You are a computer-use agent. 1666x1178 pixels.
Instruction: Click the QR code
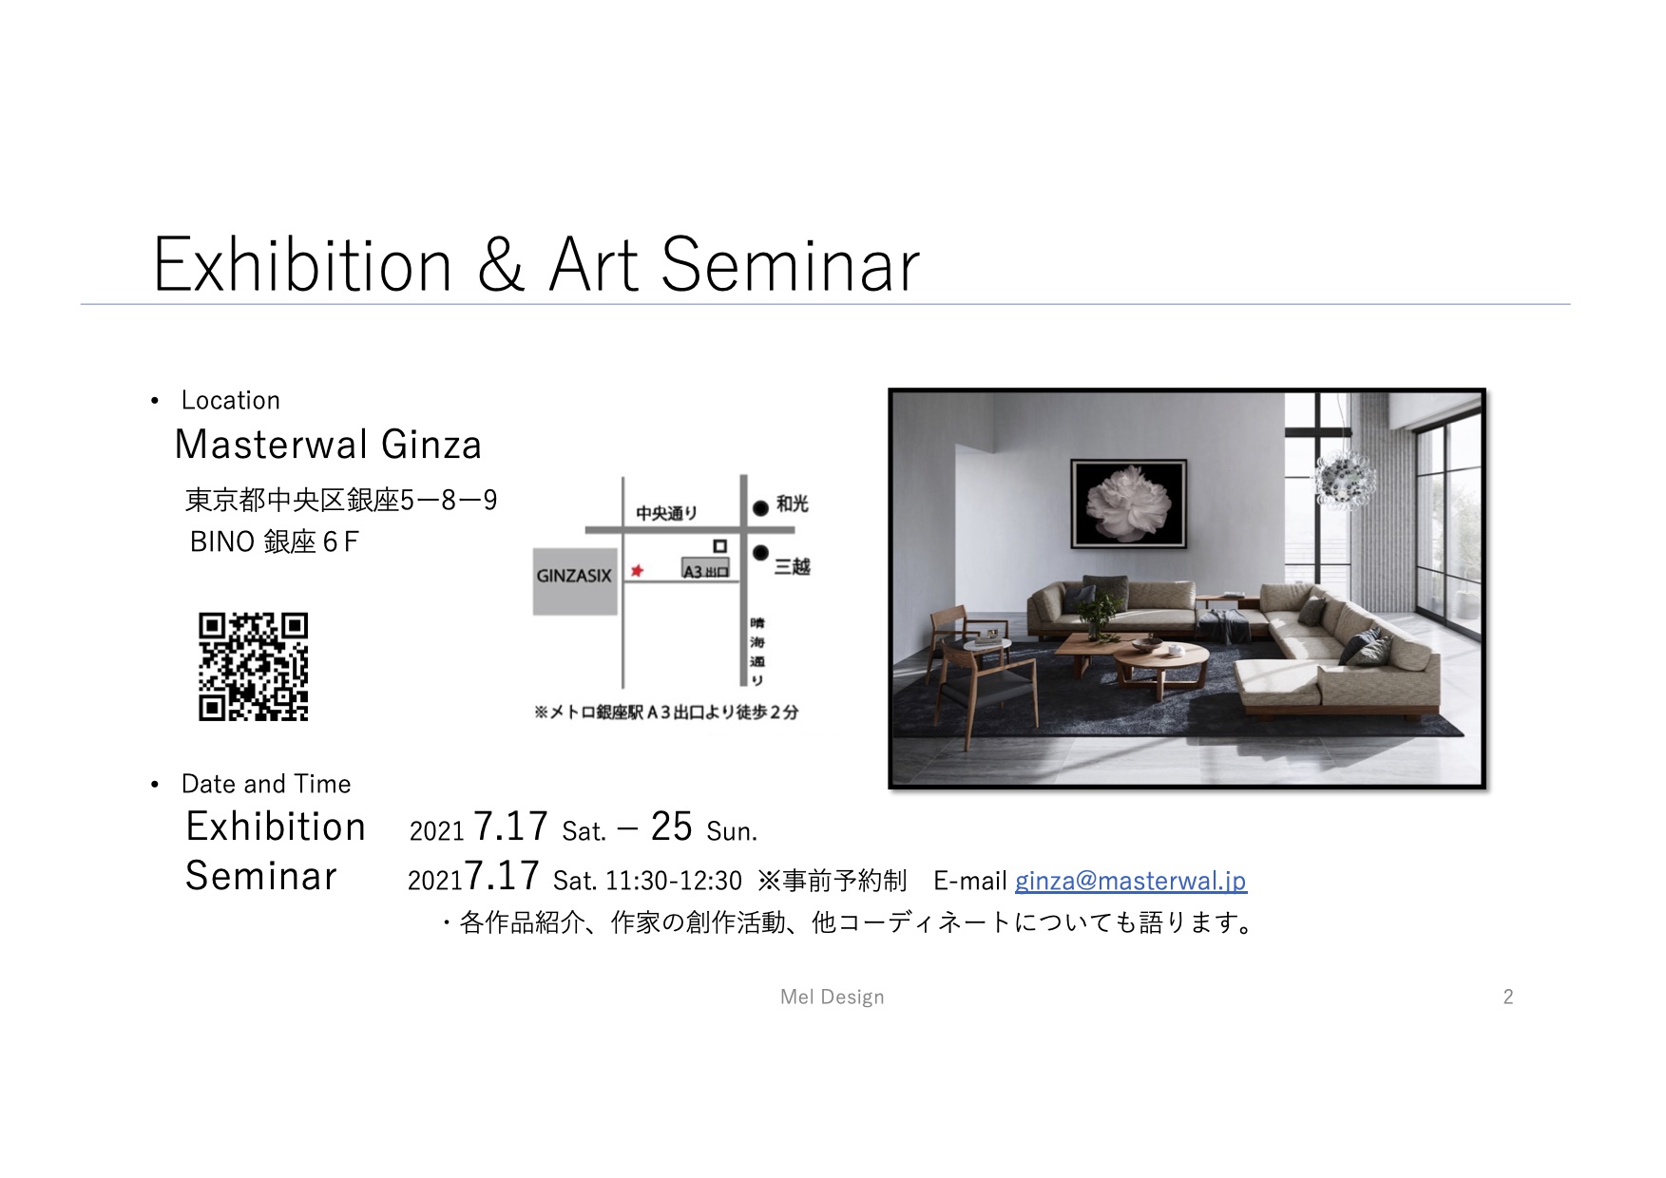[x=253, y=667]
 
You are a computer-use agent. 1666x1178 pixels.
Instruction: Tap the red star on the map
[x=637, y=570]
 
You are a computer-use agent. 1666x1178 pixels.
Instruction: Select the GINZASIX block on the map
[x=575, y=581]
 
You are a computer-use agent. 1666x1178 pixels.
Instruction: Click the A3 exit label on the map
[x=705, y=569]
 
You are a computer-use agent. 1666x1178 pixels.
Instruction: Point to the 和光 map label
[x=792, y=503]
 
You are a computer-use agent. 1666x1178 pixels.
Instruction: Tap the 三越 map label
[x=792, y=567]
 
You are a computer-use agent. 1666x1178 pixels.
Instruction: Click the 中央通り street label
[x=666, y=513]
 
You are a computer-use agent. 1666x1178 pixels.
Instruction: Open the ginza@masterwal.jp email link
[x=1130, y=881]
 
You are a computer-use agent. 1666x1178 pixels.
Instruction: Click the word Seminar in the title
[x=790, y=265]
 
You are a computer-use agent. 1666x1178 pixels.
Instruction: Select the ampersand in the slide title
[x=501, y=265]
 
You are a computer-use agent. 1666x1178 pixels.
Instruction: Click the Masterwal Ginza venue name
[x=329, y=445]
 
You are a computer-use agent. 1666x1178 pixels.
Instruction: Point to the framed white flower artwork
[x=1129, y=503]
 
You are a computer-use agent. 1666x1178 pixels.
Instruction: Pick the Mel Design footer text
[x=833, y=997]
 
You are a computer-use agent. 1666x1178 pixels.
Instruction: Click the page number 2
[x=1508, y=997]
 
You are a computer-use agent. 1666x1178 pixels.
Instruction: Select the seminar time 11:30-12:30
[x=674, y=882]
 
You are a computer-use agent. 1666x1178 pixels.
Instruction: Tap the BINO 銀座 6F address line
[x=275, y=541]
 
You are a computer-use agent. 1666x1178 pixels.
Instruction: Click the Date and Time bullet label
[x=266, y=784]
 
